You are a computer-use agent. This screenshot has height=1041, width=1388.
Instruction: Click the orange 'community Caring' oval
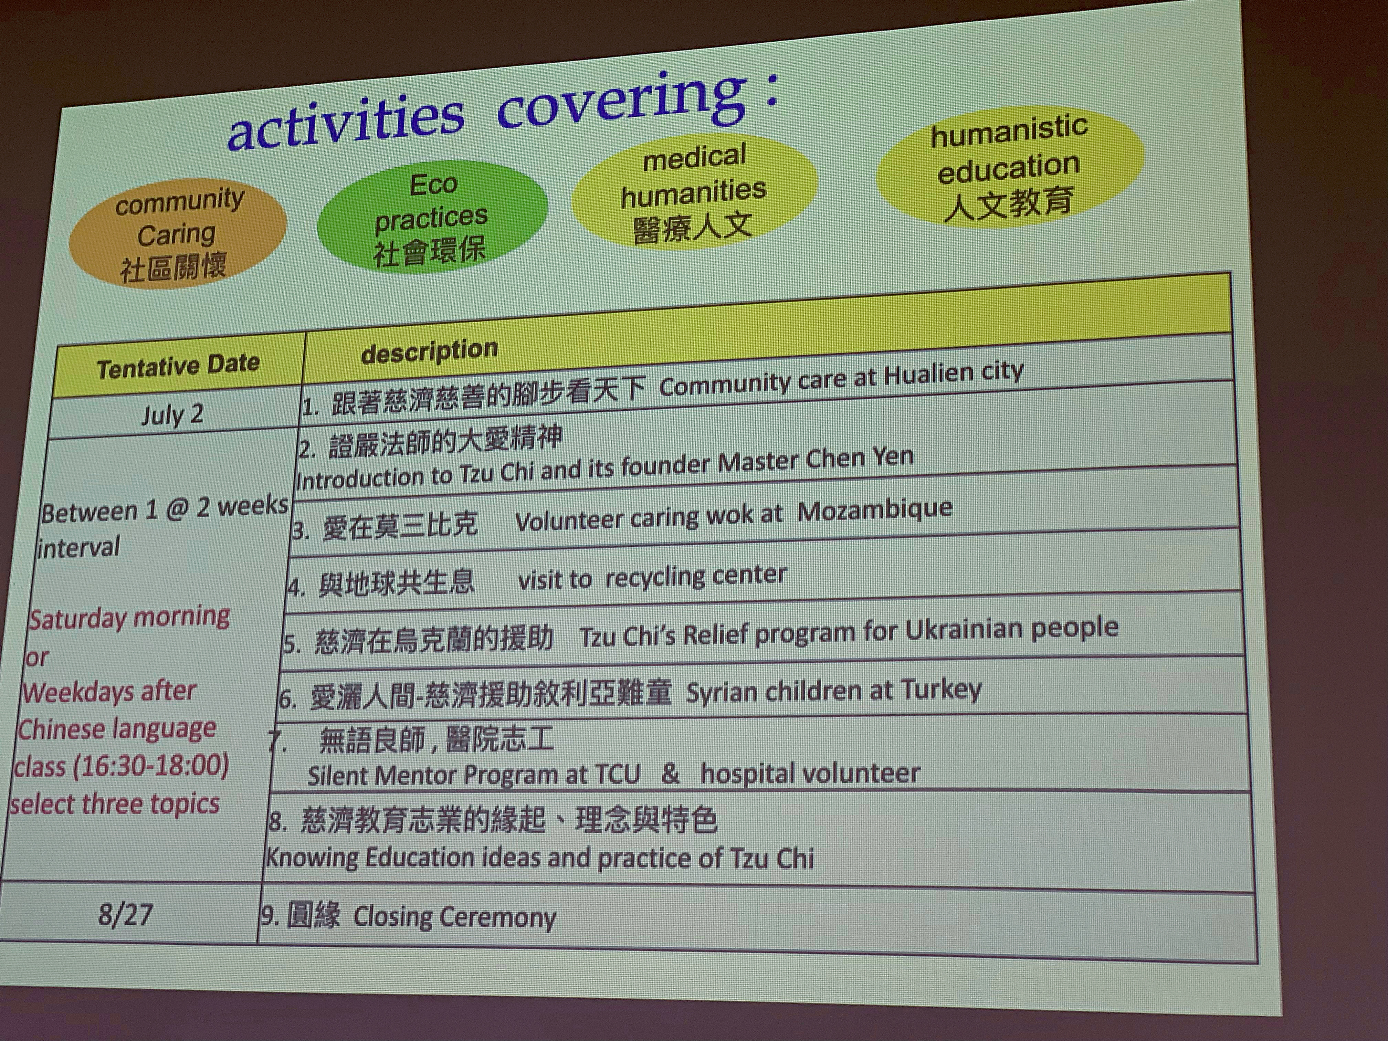[178, 233]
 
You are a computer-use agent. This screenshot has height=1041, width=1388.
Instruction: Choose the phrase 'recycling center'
[696, 576]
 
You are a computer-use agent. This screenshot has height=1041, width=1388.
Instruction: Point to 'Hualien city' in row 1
[954, 374]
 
